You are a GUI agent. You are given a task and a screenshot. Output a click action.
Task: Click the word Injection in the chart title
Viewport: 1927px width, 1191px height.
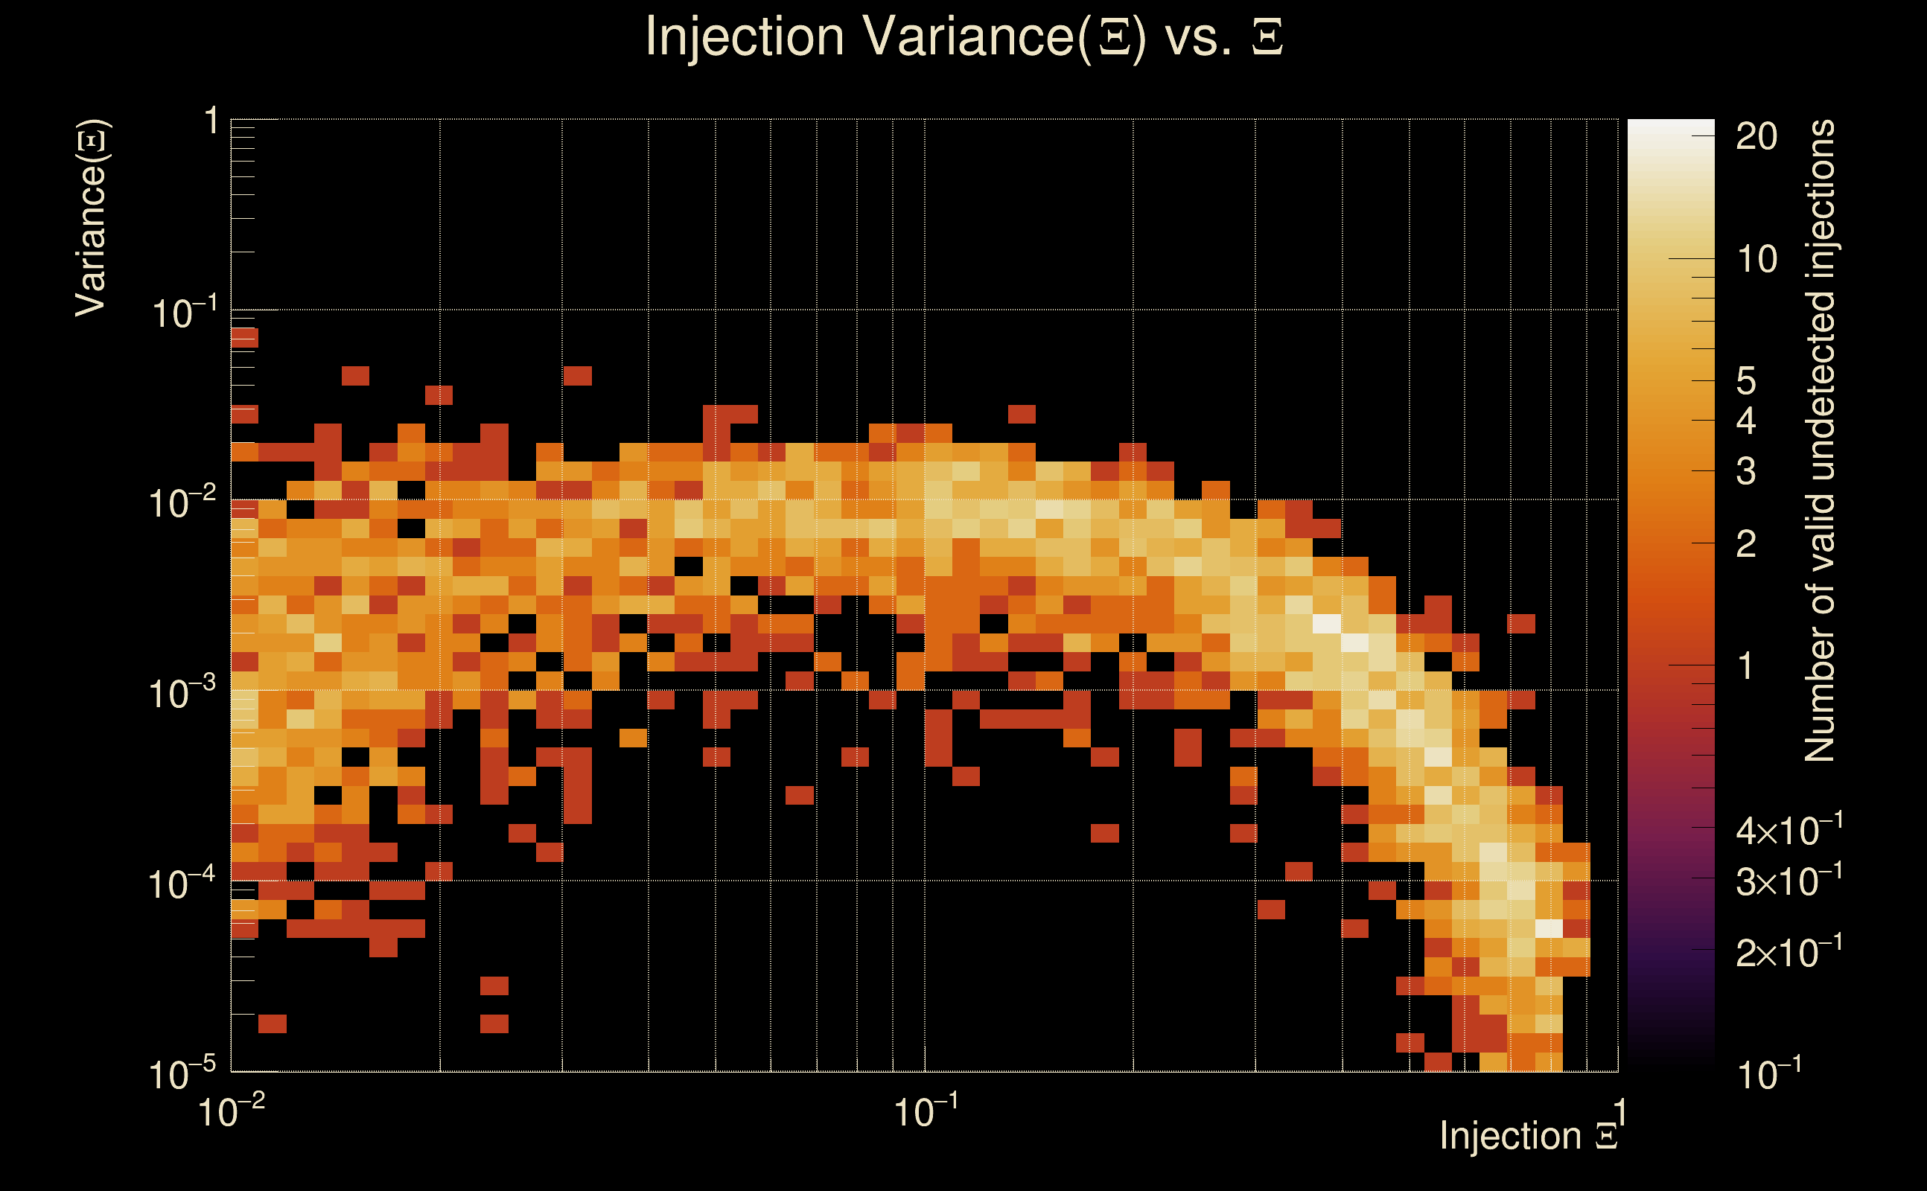[745, 37]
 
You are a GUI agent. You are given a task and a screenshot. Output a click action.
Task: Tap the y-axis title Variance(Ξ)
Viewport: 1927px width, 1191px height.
[92, 218]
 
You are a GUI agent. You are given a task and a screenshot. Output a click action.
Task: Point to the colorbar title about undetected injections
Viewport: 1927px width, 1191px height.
[1819, 441]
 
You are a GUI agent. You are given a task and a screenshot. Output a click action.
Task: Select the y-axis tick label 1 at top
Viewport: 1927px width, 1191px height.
[211, 122]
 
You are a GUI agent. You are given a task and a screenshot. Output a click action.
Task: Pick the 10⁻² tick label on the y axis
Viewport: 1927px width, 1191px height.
[182, 503]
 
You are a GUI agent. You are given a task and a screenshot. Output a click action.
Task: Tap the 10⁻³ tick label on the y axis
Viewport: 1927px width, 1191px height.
[182, 694]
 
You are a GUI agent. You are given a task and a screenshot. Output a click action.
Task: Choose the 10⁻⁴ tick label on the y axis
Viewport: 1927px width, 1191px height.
[182, 884]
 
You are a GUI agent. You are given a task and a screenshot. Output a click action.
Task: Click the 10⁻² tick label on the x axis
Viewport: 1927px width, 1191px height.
[232, 1112]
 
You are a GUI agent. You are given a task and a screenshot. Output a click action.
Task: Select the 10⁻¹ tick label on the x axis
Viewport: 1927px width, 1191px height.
[926, 1112]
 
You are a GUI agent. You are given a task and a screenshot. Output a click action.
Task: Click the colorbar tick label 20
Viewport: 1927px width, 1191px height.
[1756, 137]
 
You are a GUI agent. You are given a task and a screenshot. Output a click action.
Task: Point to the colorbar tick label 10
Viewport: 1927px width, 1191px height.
[1756, 259]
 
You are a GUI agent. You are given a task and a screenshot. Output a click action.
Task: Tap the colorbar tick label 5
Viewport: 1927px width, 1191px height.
[1747, 381]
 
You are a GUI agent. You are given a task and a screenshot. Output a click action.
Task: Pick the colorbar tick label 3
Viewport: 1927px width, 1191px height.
[1747, 471]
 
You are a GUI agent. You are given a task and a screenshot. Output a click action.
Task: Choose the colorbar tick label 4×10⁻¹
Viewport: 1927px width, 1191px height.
[1789, 831]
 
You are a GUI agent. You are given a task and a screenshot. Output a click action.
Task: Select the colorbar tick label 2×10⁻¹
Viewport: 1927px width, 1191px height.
[1789, 953]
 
